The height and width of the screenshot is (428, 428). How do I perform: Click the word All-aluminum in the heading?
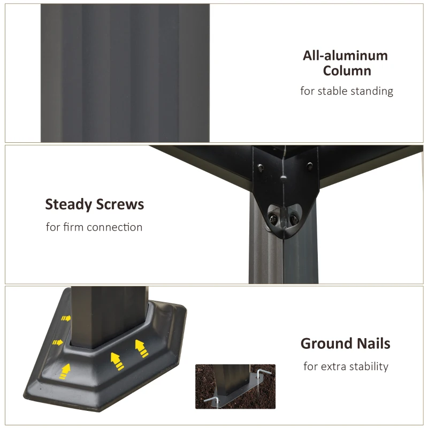click(x=345, y=56)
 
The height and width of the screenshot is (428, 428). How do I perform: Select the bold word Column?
click(x=347, y=71)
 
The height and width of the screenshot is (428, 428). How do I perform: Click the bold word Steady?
click(x=68, y=204)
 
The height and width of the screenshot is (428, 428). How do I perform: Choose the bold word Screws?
click(x=120, y=204)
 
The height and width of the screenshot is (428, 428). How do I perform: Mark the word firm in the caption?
click(x=73, y=227)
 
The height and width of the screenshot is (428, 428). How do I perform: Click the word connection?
click(x=114, y=227)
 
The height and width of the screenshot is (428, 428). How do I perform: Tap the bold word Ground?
click(x=326, y=343)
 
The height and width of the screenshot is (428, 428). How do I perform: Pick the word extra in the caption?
click(x=334, y=366)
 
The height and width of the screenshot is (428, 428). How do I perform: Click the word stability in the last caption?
click(x=369, y=366)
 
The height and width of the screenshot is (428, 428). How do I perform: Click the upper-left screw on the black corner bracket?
click(x=261, y=167)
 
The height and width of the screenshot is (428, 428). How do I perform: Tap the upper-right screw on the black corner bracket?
click(x=310, y=165)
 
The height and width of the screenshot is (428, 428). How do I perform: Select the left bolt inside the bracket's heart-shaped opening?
click(x=273, y=219)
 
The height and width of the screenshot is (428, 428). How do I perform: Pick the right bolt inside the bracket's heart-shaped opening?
click(x=294, y=219)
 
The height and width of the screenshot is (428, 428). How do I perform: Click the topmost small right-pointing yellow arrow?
click(x=66, y=318)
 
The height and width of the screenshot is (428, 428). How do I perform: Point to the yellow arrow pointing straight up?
click(x=65, y=371)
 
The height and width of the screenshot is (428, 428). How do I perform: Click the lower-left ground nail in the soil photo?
click(x=212, y=400)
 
